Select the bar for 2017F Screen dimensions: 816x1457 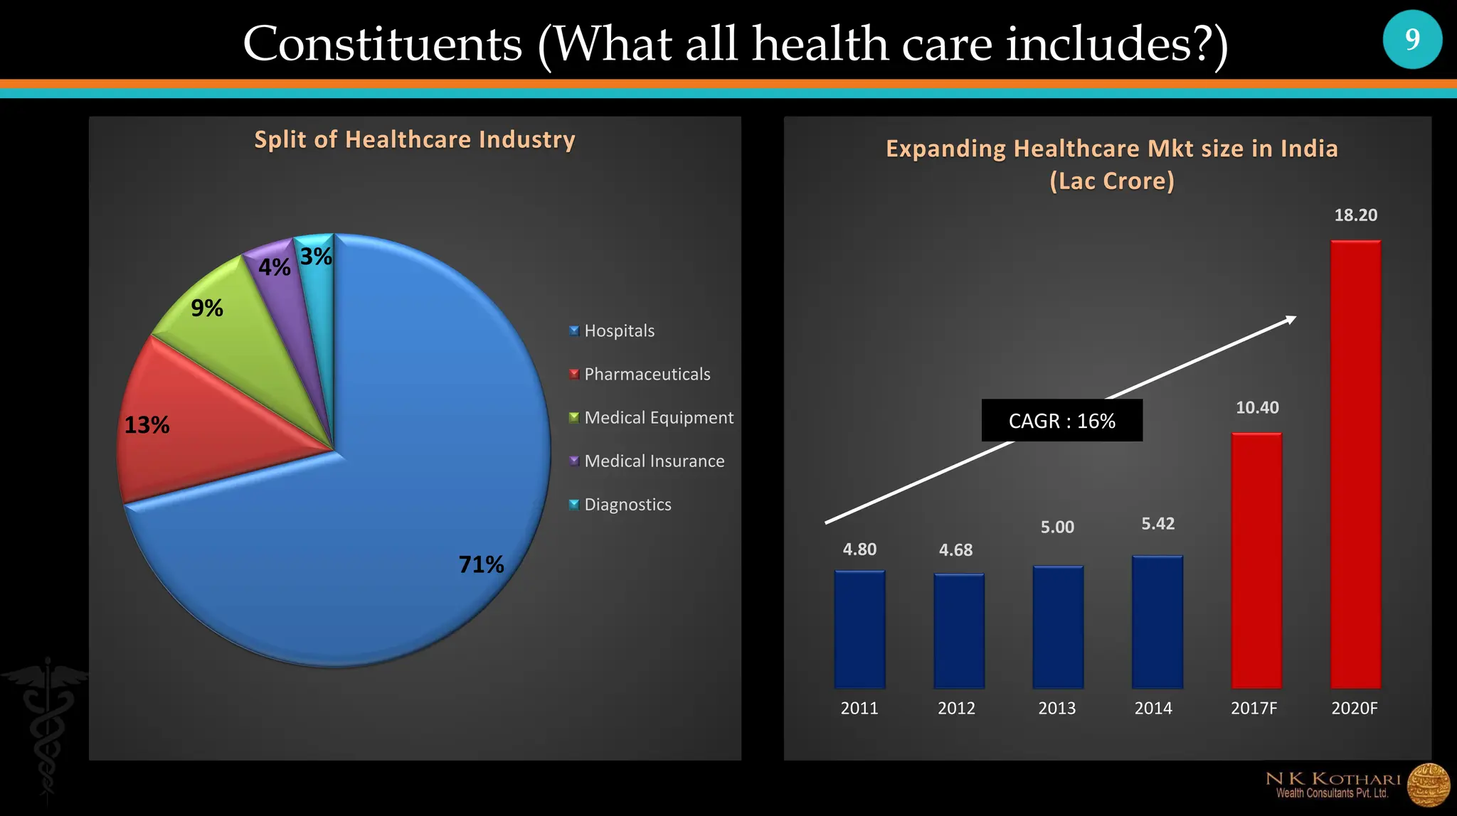[1256, 562]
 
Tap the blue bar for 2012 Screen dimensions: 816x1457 [959, 631]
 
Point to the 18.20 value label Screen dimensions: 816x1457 [1355, 215]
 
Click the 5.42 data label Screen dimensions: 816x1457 [1157, 524]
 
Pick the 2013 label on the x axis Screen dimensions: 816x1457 [1056, 708]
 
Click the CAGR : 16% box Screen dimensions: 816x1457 [1061, 421]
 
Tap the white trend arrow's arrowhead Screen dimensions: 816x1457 [1291, 319]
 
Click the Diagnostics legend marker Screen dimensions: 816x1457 [574, 505]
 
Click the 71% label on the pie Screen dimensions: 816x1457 [481, 564]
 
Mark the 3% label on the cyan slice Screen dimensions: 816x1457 [316, 257]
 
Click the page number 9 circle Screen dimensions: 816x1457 [1412, 39]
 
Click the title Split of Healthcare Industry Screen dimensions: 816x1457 [415, 139]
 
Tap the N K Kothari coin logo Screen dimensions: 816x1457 [1428, 785]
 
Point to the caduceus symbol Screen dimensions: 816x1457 [47, 718]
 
